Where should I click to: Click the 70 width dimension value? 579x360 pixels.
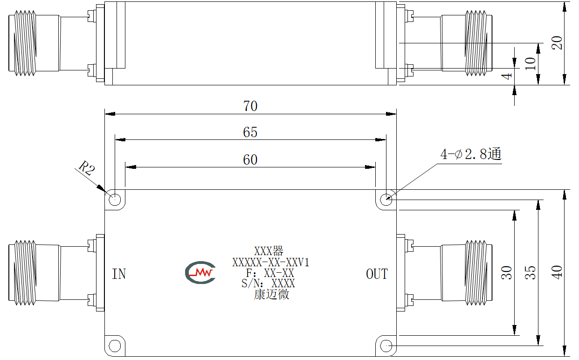pyautogui.click(x=250, y=106)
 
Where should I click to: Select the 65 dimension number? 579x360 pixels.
pyautogui.click(x=250, y=132)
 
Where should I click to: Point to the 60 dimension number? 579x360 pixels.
pyautogui.click(x=250, y=160)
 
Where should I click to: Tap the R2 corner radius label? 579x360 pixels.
pyautogui.click(x=87, y=168)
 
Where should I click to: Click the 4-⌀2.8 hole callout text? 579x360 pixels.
pyautogui.click(x=471, y=154)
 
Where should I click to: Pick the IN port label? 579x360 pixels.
pyautogui.click(x=119, y=274)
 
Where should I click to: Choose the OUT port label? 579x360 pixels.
pyautogui.click(x=377, y=274)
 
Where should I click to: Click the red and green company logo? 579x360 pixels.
pyautogui.click(x=200, y=272)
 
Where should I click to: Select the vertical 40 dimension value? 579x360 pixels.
pyautogui.click(x=557, y=272)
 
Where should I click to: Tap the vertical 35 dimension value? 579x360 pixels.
pyautogui.click(x=531, y=272)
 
